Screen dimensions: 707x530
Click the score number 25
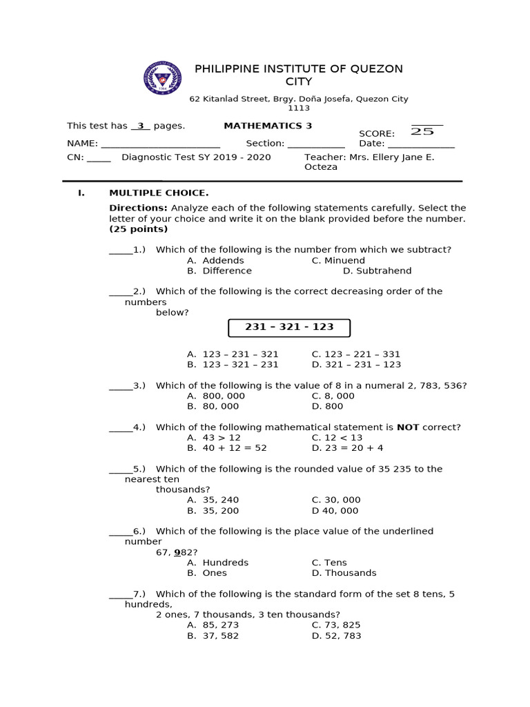tap(422, 131)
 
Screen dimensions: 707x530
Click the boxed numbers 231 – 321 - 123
tap(289, 327)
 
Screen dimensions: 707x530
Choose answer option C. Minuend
tap(338, 260)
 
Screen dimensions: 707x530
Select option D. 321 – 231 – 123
tap(356, 365)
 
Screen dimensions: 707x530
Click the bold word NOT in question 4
tap(408, 427)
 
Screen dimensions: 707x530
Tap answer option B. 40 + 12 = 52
tap(226, 448)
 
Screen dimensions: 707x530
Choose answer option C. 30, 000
tap(336, 500)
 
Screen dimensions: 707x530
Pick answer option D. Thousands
tap(344, 573)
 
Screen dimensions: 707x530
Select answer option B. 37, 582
tap(213, 636)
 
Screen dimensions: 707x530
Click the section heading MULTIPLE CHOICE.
tap(158, 193)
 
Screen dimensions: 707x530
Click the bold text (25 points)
tap(138, 229)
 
